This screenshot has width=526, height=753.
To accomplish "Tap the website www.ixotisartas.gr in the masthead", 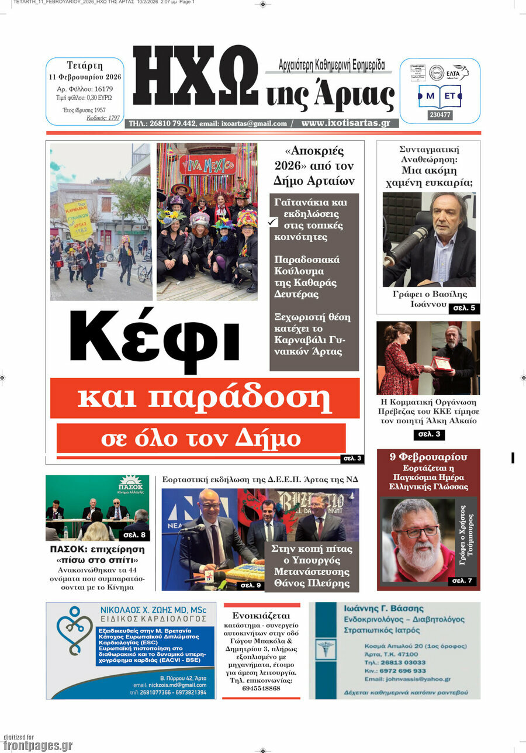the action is [345, 123].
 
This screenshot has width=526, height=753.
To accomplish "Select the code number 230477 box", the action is [440, 115].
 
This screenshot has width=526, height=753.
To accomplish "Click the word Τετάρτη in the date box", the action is [85, 65].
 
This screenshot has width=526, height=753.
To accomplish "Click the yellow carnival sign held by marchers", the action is [78, 219].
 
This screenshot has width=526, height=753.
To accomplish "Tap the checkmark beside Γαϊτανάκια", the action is [273, 222].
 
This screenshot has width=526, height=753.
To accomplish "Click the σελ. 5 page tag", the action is [464, 308].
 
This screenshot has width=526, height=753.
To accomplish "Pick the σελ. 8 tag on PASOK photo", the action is [134, 534].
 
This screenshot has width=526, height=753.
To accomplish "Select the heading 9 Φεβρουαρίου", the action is [428, 457].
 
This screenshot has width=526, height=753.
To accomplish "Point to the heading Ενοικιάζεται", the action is [261, 616].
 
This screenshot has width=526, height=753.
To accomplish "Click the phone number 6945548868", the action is [261, 688].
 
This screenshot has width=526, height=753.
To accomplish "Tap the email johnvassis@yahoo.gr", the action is [407, 679].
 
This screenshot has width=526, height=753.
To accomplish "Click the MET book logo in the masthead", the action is [440, 95].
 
